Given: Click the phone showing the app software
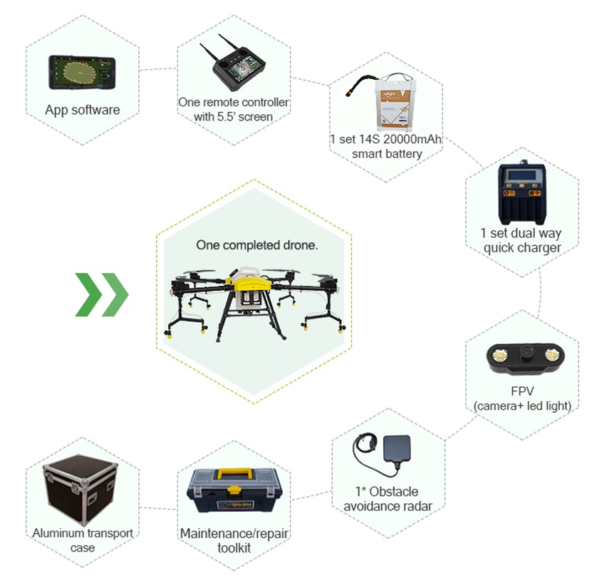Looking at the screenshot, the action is tap(82, 73).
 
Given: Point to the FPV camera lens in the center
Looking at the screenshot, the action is tap(525, 352).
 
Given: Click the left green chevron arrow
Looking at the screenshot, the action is tap(88, 294).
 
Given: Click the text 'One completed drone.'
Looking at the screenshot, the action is tap(257, 245).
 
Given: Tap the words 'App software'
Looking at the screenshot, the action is tap(83, 110).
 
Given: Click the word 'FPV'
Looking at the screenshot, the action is tap(522, 391).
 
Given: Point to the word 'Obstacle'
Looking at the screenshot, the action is tap(393, 492).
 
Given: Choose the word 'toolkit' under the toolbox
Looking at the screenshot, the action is tap(234, 548).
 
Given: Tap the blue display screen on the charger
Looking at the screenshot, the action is tap(521, 176).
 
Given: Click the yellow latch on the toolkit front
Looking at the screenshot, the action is tap(233, 490).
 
